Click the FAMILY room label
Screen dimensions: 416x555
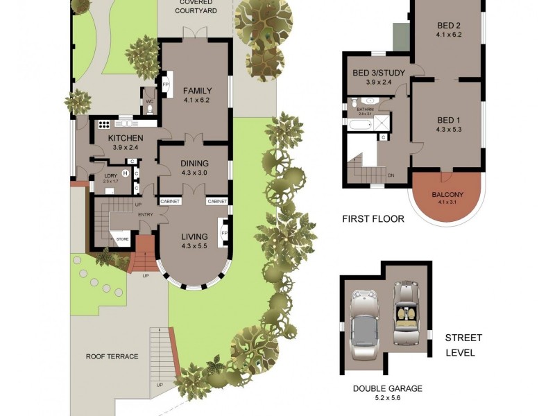pyautogui.click(x=197, y=91)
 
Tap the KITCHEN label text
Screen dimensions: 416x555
pyautogui.click(x=126, y=138)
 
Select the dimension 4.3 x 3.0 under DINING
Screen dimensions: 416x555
pyautogui.click(x=195, y=173)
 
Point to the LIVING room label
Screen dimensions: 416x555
pyautogui.click(x=194, y=236)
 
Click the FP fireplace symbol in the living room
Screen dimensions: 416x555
pyautogui.click(x=223, y=233)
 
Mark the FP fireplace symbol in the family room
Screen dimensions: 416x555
pyautogui.click(x=166, y=85)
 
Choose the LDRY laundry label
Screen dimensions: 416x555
pyautogui.click(x=110, y=175)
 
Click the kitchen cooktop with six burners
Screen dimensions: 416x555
pyautogui.click(x=104, y=125)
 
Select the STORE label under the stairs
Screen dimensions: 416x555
pyautogui.click(x=122, y=239)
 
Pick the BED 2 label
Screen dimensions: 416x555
pyautogui.click(x=449, y=26)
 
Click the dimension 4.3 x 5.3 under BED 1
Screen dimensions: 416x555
pyautogui.click(x=449, y=129)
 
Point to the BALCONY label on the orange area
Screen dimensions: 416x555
pyautogui.click(x=447, y=195)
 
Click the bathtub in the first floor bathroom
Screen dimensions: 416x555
pyautogui.click(x=359, y=125)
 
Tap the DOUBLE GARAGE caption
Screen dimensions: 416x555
pyautogui.click(x=387, y=388)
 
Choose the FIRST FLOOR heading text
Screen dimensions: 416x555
pyautogui.click(x=373, y=219)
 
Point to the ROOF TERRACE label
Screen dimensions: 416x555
pyautogui.click(x=112, y=356)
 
